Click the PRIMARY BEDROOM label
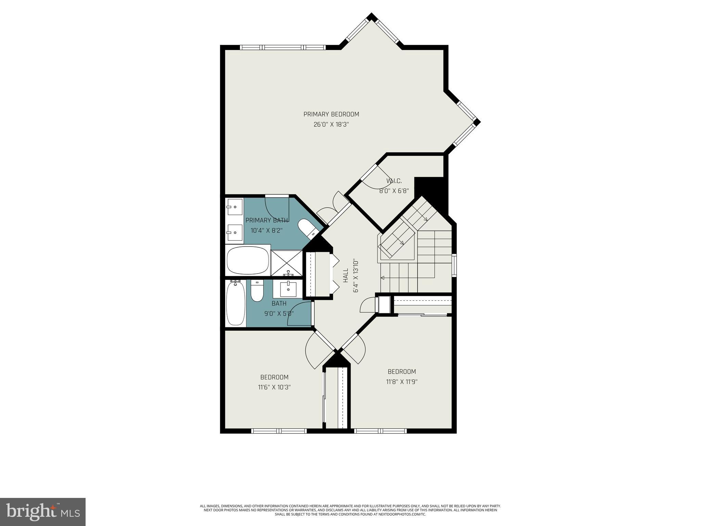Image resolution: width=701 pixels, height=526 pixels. pos(331,114)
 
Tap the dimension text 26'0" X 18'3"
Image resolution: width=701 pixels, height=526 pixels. pos(331,125)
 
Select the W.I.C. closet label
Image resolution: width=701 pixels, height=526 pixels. pos(394,181)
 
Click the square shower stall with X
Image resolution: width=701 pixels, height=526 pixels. pos(286,263)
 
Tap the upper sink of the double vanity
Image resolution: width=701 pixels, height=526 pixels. pos(234,206)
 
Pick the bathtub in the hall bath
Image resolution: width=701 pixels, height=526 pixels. pos(235,303)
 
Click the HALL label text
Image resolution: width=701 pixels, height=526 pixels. pos(345,275)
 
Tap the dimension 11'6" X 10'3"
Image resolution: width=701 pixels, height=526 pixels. pos(274,387)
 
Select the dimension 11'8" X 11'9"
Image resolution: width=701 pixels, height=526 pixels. pos(402,381)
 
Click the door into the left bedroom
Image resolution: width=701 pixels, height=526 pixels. pos(317,351)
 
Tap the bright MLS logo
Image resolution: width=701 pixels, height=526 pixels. pos(43,512)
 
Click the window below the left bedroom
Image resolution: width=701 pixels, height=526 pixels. pos(278,431)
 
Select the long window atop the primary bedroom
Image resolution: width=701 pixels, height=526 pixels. pos(282,47)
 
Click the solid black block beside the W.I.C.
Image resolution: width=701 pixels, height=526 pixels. pos(430,190)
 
